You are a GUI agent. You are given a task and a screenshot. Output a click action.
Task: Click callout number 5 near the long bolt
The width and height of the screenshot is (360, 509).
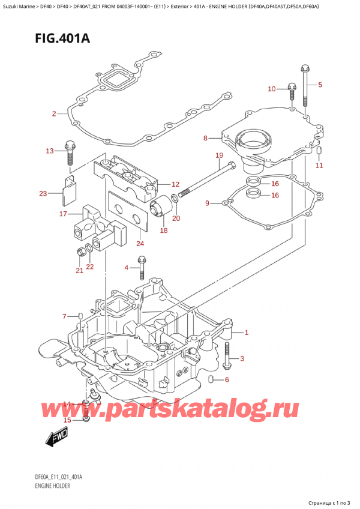[x=320, y=85]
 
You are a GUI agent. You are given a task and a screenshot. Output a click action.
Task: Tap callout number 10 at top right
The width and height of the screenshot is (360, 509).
[x=271, y=89]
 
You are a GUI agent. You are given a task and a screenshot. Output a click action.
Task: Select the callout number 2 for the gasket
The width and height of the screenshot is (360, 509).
[x=54, y=113]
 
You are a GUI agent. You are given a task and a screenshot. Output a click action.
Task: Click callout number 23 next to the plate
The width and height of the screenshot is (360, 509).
[x=43, y=193]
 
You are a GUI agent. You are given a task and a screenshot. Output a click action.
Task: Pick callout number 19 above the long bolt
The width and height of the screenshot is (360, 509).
[x=219, y=155]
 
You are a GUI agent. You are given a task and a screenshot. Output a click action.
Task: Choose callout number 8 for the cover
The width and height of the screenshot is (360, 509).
[x=205, y=138]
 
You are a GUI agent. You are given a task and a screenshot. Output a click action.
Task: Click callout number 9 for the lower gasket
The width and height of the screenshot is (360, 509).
[x=208, y=203]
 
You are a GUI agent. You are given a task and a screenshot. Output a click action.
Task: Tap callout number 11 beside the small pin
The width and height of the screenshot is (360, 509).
[x=319, y=165]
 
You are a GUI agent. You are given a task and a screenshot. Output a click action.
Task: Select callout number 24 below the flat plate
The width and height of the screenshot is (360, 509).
[x=140, y=243]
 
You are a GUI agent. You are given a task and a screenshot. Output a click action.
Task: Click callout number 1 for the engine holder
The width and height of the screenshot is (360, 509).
[x=246, y=333]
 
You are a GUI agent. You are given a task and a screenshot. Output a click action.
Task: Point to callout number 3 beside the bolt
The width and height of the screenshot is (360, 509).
[x=242, y=359]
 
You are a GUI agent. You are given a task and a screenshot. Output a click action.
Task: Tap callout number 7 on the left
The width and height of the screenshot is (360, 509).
[x=65, y=316]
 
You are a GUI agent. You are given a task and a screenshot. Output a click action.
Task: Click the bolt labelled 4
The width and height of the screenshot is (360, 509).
[x=142, y=268]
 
